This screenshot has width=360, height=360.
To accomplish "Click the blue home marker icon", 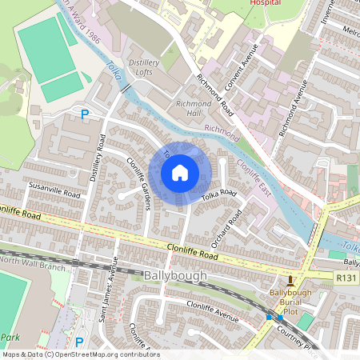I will [180, 172].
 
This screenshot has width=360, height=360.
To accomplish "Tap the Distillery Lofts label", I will [144, 66].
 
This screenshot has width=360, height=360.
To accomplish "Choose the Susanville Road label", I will [54, 194].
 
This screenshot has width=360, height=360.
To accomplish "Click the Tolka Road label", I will [219, 194].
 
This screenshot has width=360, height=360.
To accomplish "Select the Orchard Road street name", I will [234, 219].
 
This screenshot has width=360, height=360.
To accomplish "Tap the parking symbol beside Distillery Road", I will [84, 116].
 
